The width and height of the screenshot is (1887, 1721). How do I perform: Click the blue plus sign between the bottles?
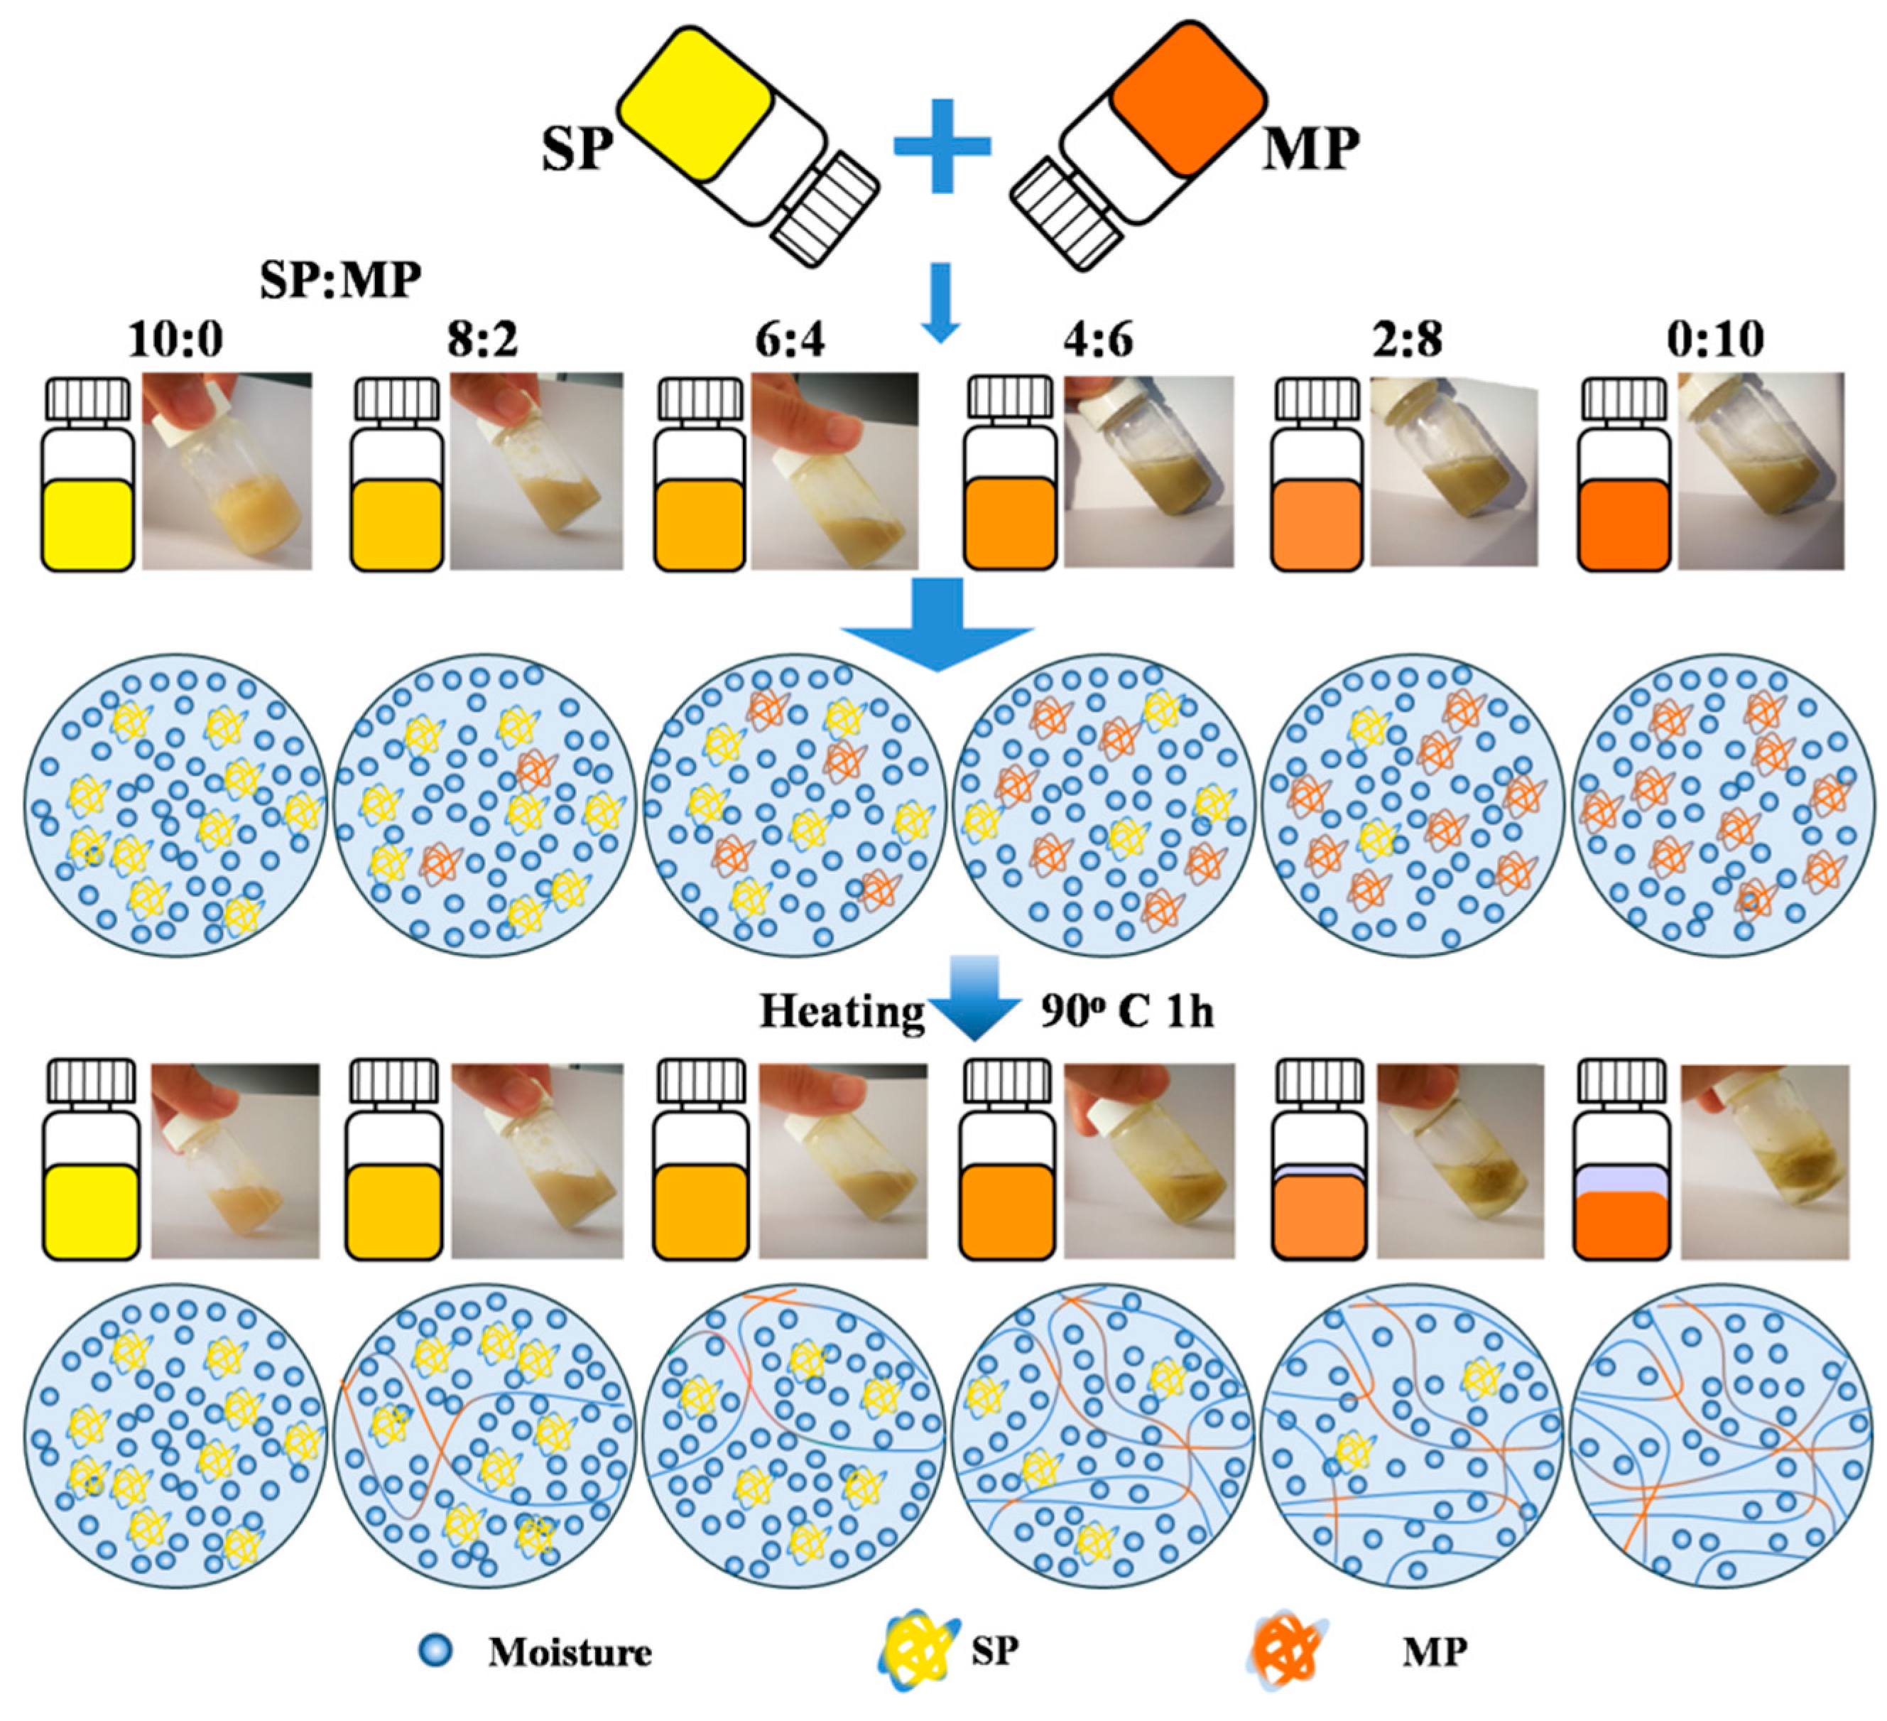click(942, 146)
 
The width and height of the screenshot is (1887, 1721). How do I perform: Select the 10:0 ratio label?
click(176, 339)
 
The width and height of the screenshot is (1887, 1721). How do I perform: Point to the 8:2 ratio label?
click(482, 339)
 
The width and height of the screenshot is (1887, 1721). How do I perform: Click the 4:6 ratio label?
click(1098, 339)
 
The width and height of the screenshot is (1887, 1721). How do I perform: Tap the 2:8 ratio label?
click(1407, 339)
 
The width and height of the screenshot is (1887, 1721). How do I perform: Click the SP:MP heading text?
click(341, 279)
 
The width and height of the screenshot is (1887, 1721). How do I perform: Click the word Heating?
click(842, 1011)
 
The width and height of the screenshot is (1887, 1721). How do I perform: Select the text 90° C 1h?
click(1127, 1011)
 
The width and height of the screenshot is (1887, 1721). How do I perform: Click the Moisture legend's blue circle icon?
click(435, 1650)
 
